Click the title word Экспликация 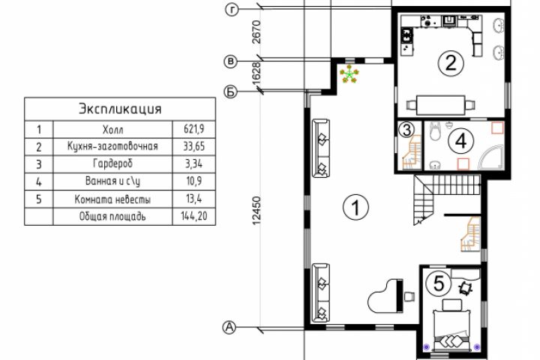click(120, 109)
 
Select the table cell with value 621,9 click(194, 129)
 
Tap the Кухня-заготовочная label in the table click(112, 146)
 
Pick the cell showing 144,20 click(194, 216)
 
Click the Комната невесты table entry click(112, 199)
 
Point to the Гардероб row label click(112, 163)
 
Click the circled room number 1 click(355, 208)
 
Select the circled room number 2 click(451, 63)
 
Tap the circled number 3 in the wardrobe click(406, 130)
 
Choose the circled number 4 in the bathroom click(460, 141)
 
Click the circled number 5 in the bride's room click(439, 283)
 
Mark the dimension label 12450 click(257, 211)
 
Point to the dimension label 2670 click(256, 32)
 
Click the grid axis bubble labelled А click(229, 328)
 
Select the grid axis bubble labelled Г click(232, 10)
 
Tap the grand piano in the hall click(385, 296)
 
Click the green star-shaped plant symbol click(349, 75)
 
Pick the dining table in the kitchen click(440, 105)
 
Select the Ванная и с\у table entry click(112, 181)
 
